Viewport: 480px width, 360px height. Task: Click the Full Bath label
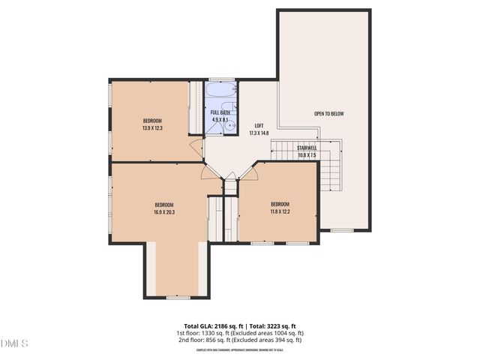pos(220,112)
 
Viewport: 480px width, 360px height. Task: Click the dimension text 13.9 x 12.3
pos(152,128)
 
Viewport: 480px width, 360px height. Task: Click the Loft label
pos(259,125)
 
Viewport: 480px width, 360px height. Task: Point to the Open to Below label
pos(328,114)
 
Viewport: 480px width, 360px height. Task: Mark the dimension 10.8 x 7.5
pos(307,156)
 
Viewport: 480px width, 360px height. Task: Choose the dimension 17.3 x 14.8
pos(259,133)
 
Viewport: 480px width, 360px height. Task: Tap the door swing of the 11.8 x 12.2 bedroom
pos(250,172)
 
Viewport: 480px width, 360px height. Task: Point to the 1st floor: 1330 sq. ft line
pos(239,332)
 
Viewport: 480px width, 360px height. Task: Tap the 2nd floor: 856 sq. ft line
pos(239,340)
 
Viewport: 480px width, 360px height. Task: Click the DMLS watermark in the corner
pos(14,343)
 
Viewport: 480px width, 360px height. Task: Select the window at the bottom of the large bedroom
pos(177,298)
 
